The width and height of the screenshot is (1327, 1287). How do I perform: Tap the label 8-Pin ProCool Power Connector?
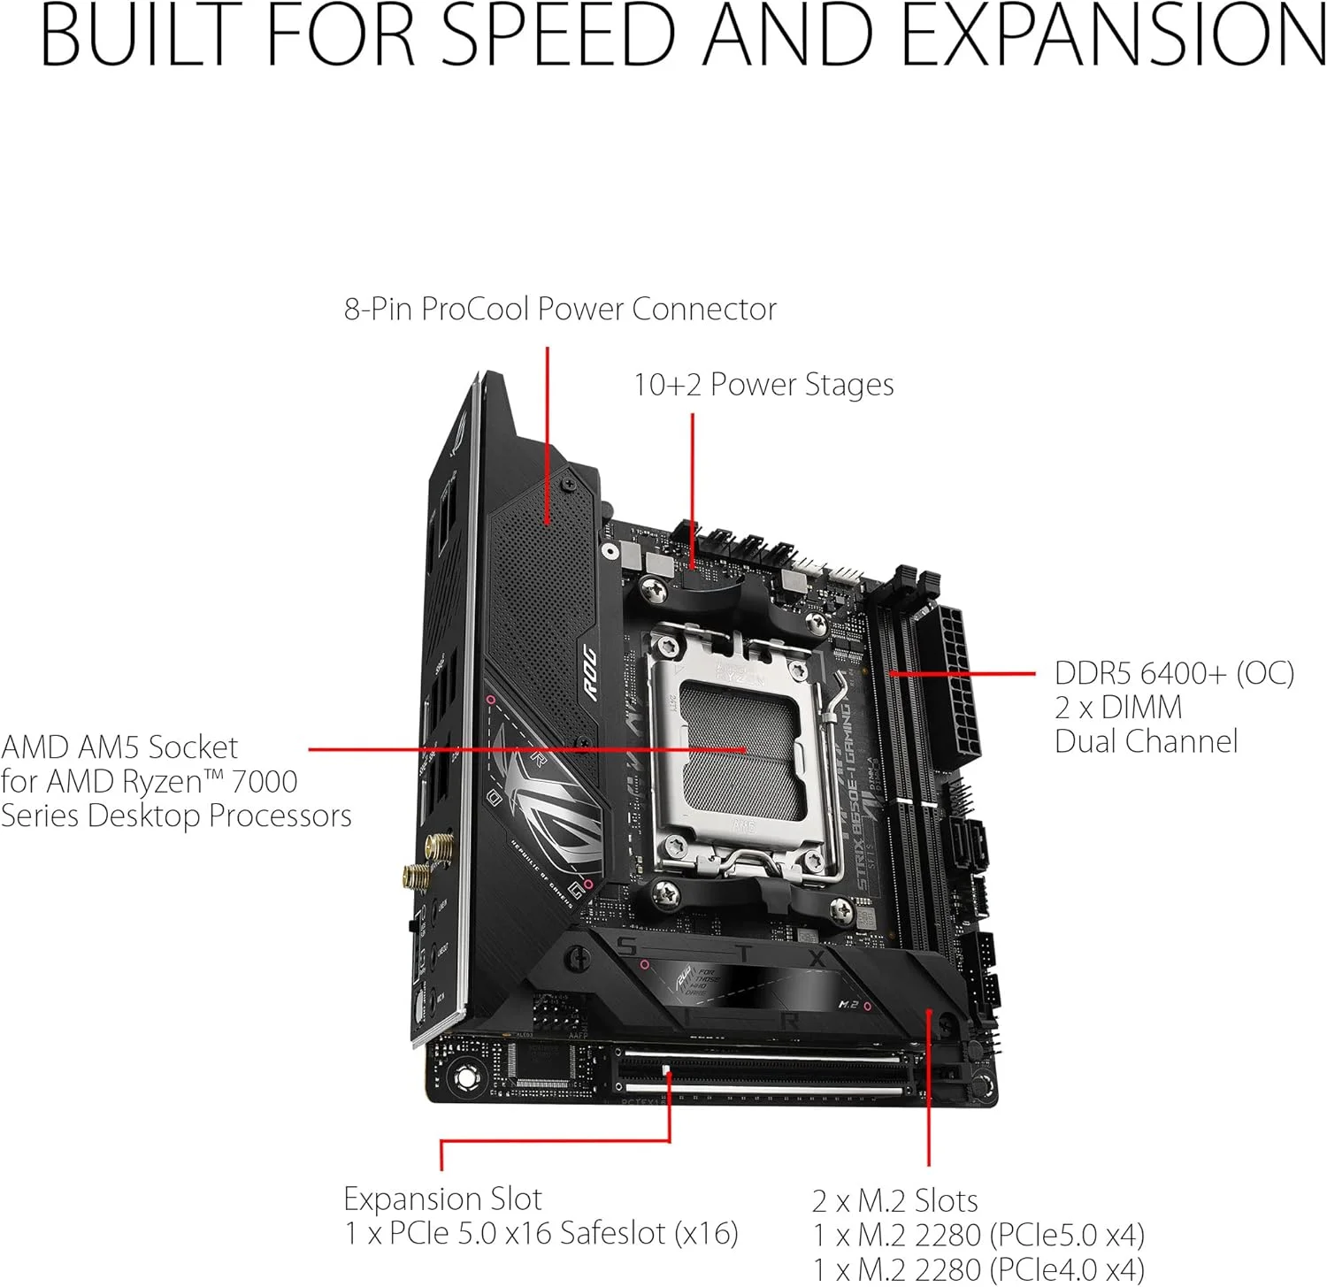click(560, 310)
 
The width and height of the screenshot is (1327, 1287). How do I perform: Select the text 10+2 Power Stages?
click(763, 385)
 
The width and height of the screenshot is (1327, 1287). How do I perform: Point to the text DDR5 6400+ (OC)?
click(1174, 674)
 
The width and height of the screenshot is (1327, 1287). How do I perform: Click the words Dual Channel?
click(1146, 742)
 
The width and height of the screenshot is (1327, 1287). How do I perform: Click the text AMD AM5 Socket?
click(119, 748)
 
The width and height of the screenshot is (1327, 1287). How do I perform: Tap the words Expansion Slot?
click(442, 1199)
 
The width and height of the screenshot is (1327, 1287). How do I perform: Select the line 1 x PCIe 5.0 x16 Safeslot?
click(541, 1233)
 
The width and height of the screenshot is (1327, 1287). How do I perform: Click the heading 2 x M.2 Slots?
click(894, 1201)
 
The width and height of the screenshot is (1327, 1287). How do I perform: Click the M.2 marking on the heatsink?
click(848, 1005)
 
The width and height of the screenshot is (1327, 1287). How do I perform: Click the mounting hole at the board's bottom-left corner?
click(465, 1077)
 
